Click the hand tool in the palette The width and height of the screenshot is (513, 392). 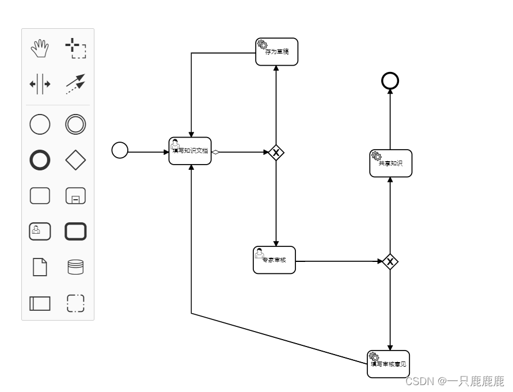40,48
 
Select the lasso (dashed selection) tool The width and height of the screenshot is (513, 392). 75,48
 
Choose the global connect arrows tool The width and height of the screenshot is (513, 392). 75,84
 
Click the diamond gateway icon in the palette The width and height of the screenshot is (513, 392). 75,161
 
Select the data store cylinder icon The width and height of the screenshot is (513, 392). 75,267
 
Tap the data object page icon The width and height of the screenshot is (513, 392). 40,267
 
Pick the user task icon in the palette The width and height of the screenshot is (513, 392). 40,231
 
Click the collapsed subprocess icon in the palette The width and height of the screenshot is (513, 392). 75,196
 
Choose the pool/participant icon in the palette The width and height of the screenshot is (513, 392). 40,303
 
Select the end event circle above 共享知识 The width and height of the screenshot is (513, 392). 390,81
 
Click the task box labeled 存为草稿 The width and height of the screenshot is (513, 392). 277,52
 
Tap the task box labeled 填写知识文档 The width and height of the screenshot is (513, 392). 190,151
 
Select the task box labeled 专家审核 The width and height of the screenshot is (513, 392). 274,260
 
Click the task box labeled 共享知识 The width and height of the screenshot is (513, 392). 391,163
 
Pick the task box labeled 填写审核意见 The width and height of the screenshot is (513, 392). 389,364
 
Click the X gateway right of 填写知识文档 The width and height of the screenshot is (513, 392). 276,153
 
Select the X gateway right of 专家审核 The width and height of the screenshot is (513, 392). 390,262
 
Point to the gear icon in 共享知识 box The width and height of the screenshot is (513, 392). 377,156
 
